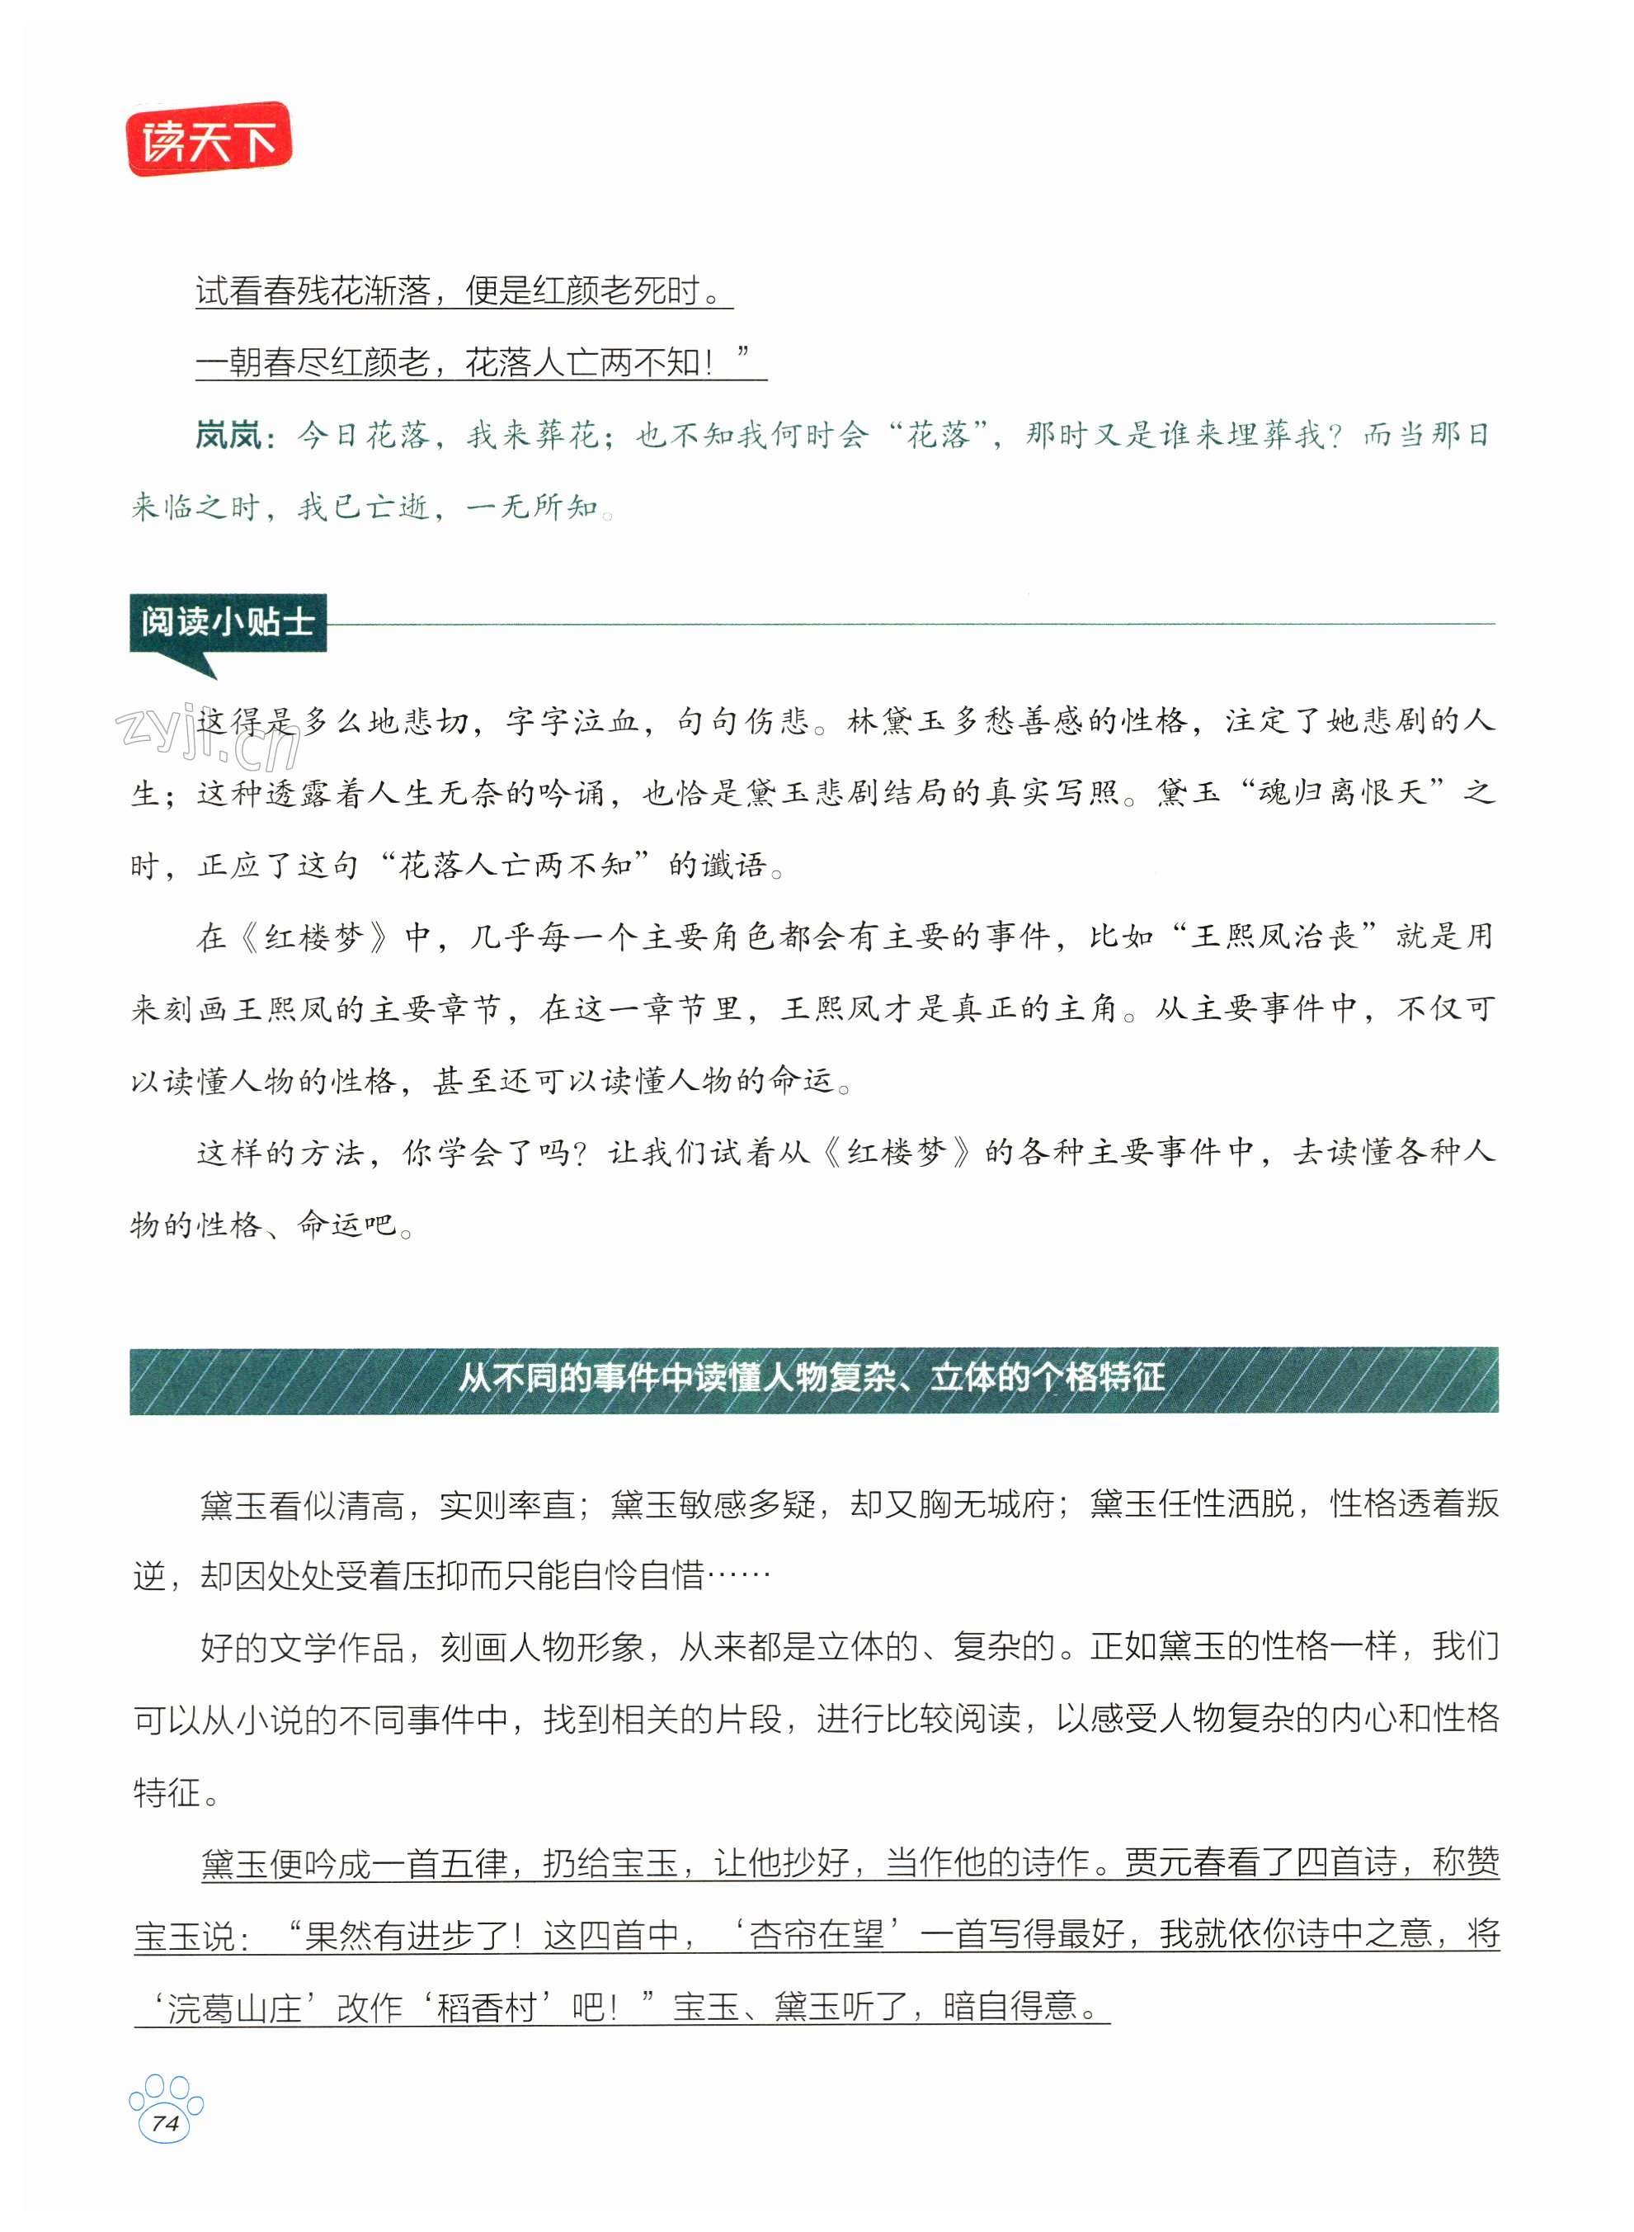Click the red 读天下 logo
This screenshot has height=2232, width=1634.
[x=209, y=139]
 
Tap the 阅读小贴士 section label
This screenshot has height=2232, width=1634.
[x=228, y=621]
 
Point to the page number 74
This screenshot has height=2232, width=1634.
[x=165, y=2122]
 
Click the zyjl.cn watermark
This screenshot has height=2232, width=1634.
[x=208, y=738]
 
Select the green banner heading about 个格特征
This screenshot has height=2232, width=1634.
[x=813, y=1379]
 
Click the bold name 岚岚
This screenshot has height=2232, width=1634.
[x=228, y=436]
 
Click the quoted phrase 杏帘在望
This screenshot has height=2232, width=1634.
[x=817, y=1934]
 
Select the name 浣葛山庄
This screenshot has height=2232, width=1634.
[x=234, y=2008]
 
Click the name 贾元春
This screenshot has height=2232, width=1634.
[x=1173, y=1863]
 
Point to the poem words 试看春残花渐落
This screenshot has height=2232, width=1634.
[x=313, y=291]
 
